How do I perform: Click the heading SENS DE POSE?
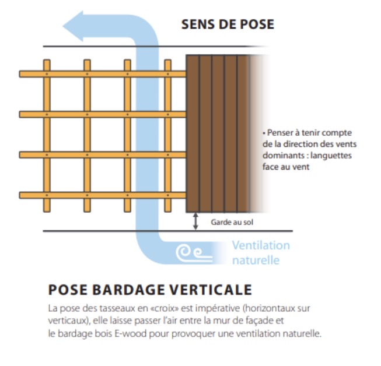(228, 24)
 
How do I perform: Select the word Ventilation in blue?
(261, 245)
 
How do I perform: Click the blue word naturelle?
(256, 260)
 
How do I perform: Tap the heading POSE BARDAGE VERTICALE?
(149, 290)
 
